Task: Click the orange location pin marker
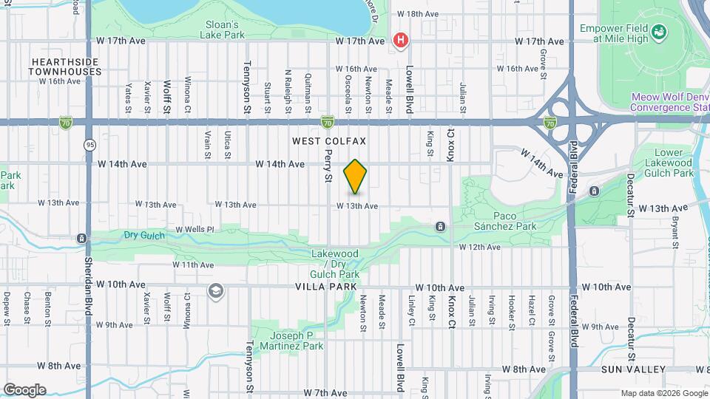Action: click(356, 177)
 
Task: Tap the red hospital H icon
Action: click(401, 40)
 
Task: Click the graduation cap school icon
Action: click(216, 290)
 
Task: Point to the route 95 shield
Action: click(89, 143)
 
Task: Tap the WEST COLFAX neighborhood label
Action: click(329, 140)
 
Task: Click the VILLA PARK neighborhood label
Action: click(326, 287)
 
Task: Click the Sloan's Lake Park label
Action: click(224, 28)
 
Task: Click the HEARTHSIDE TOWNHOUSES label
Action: click(65, 66)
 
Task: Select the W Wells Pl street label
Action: click(194, 229)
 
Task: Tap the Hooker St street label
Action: click(511, 310)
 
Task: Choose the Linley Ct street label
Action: click(411, 310)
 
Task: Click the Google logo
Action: click(24, 389)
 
